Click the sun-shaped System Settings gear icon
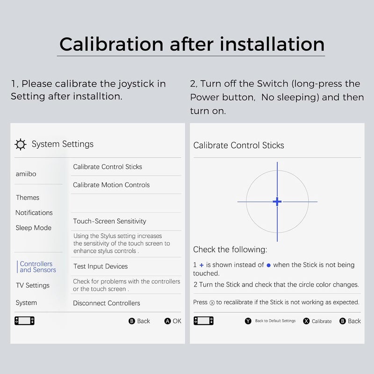pyautogui.click(x=21, y=144)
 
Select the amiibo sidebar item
pyautogui.click(x=26, y=174)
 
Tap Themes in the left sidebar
pyautogui.click(x=28, y=197)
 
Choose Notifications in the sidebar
pyautogui.click(x=34, y=213)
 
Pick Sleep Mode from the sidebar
pyautogui.click(x=33, y=228)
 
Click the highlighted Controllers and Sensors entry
pyautogui.click(x=38, y=266)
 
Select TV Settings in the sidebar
pyautogui.click(x=33, y=285)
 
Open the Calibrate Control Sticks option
pyautogui.click(x=108, y=167)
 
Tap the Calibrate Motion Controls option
pyautogui.click(x=111, y=185)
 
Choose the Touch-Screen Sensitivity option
pyautogui.click(x=109, y=221)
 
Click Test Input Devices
pyautogui.click(x=101, y=266)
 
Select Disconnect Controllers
pyautogui.click(x=107, y=303)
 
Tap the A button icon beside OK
pyautogui.click(x=168, y=321)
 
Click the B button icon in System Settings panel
pyautogui.click(x=132, y=321)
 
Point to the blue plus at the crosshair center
pyautogui.click(x=277, y=201)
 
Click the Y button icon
pyautogui.click(x=248, y=321)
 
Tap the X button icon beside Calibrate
pyautogui.click(x=306, y=321)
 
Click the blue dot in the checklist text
pyautogui.click(x=268, y=265)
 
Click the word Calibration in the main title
pyautogui.click(x=111, y=44)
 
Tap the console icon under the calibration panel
pyautogui.click(x=203, y=321)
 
